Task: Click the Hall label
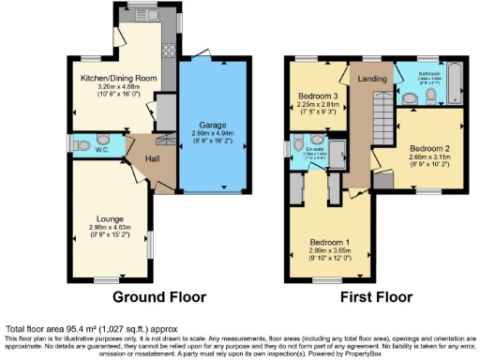pos(138,157)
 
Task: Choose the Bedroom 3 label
pos(320,96)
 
